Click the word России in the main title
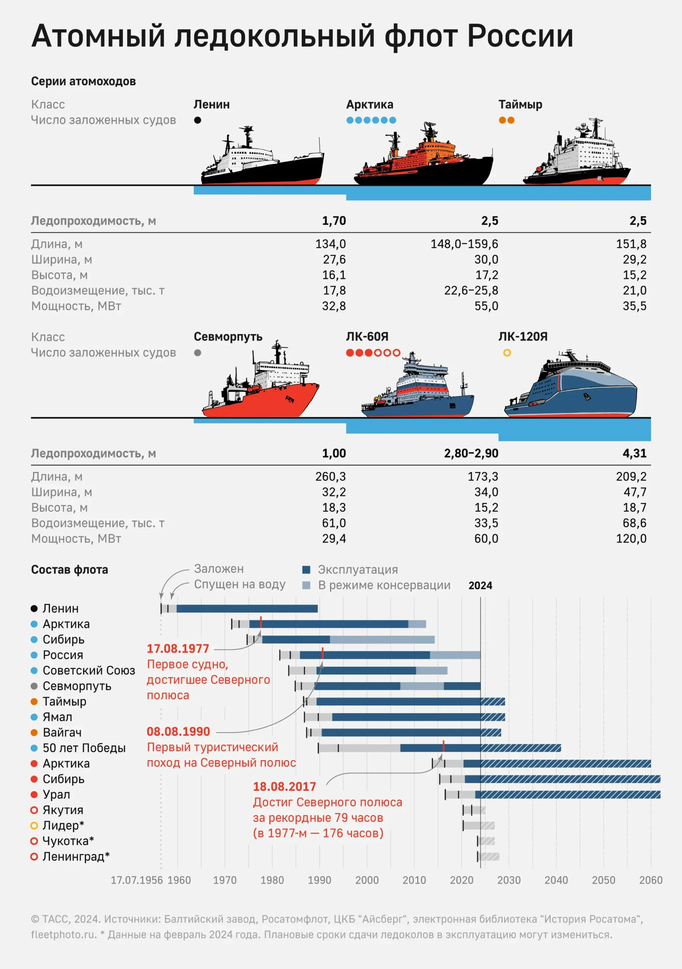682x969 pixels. pyautogui.click(x=520, y=36)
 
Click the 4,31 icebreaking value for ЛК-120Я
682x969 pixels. pyautogui.click(x=634, y=453)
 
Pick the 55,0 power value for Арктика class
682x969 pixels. pyautogui.click(x=486, y=306)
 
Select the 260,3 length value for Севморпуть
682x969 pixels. pyautogui.click(x=330, y=477)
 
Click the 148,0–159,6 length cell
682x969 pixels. pyautogui.click(x=464, y=244)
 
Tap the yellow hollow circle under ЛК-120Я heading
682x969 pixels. pyautogui.click(x=507, y=353)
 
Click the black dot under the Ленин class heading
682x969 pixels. pyautogui.click(x=198, y=120)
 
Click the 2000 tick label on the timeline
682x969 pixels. pyautogui.click(x=367, y=880)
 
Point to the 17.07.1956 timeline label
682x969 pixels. pyautogui.click(x=136, y=880)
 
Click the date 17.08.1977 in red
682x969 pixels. pyautogui.click(x=178, y=649)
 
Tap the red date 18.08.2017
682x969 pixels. pyautogui.click(x=285, y=787)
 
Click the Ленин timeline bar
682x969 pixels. pyautogui.click(x=247, y=609)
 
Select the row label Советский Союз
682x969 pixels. pyautogui.click(x=89, y=671)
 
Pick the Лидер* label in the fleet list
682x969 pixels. pyautogui.click(x=63, y=826)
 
